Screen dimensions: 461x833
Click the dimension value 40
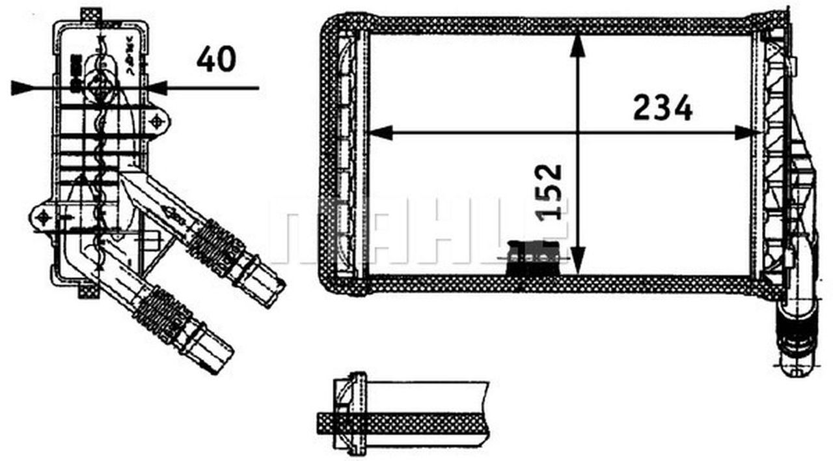coord(216,60)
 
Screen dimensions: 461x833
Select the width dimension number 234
coord(662,108)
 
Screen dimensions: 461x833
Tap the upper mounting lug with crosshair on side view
coord(157,121)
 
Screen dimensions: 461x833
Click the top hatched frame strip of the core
coord(560,25)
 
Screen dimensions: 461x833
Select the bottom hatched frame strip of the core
coord(560,284)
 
